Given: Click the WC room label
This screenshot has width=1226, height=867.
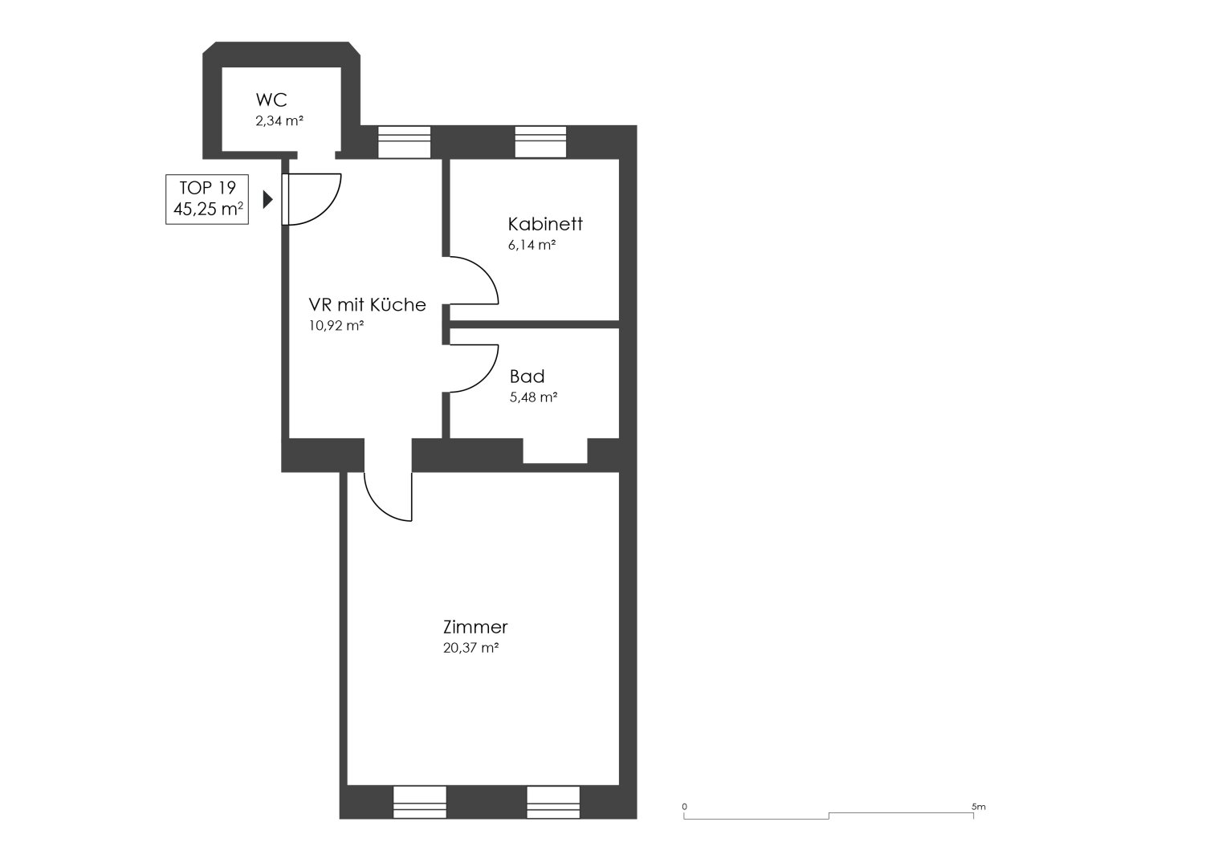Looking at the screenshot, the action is click(x=271, y=100).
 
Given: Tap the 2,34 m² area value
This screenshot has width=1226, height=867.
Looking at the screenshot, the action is click(x=279, y=121).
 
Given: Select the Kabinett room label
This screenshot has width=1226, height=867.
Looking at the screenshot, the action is click(x=545, y=224).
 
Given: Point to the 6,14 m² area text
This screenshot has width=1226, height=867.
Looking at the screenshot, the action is click(x=532, y=245).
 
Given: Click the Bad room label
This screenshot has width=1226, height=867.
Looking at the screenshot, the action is click(x=527, y=377).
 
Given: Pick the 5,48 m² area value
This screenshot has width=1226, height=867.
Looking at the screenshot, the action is click(x=534, y=397).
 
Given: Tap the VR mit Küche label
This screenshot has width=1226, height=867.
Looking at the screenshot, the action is click(x=367, y=305).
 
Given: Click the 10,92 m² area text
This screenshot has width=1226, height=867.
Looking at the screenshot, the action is click(x=336, y=326).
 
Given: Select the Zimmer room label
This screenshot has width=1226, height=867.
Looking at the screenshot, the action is click(x=475, y=627).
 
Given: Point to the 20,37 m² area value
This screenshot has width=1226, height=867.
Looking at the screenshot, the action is click(x=470, y=648).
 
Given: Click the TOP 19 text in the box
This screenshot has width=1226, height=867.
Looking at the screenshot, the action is click(x=207, y=188).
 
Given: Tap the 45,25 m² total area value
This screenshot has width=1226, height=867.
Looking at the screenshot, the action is click(x=208, y=209).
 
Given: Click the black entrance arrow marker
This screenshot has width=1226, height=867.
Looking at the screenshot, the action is click(x=267, y=199).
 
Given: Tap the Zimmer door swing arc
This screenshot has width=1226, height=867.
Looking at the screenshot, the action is click(x=377, y=507).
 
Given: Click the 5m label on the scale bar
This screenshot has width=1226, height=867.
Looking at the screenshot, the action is click(x=979, y=807).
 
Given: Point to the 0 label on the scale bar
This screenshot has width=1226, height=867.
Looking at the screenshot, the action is click(x=684, y=807).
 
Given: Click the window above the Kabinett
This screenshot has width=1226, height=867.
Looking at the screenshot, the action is click(x=540, y=142).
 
